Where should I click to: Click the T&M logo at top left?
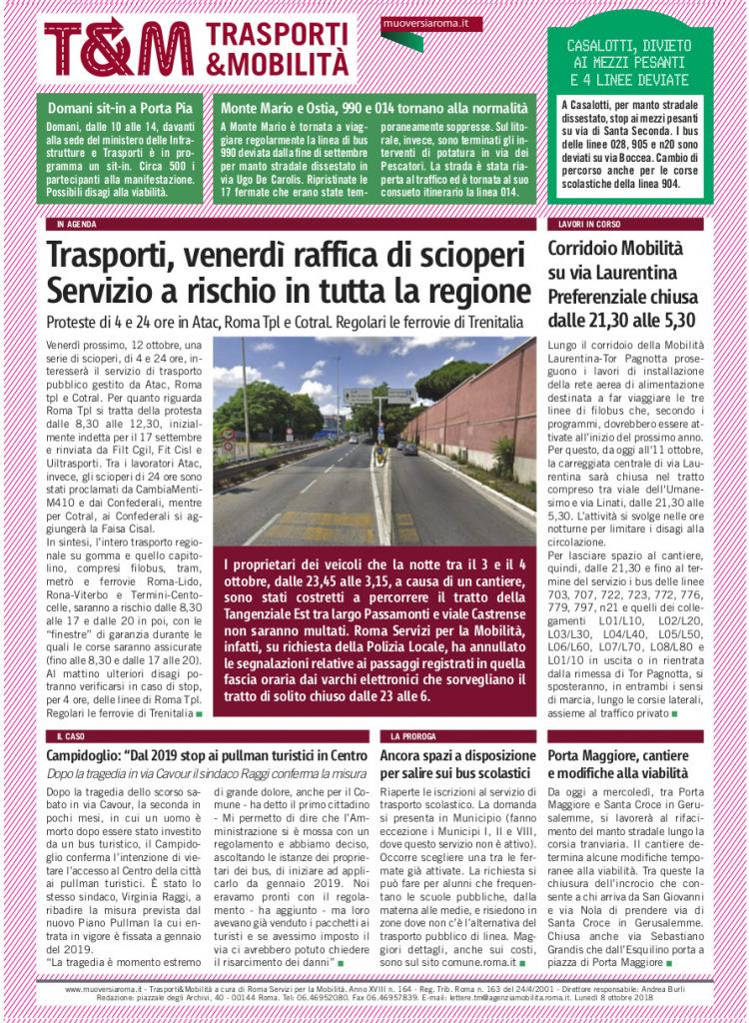[118, 47]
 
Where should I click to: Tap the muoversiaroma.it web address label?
[417, 22]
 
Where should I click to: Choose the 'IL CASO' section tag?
[72, 736]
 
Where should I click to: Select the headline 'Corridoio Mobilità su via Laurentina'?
[613, 259]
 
